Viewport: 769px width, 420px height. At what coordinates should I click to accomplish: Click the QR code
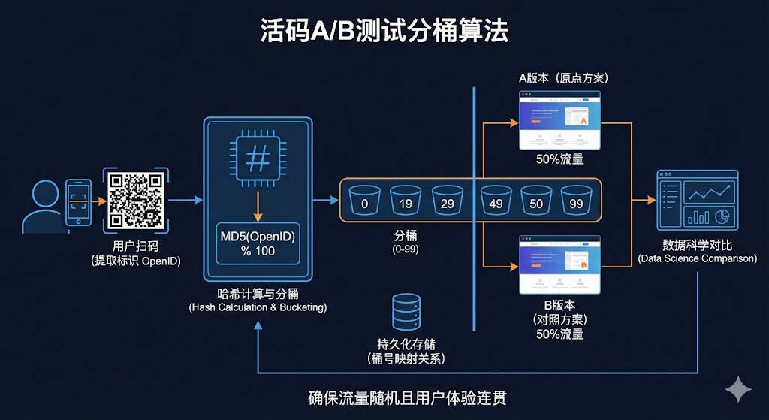pos(136,201)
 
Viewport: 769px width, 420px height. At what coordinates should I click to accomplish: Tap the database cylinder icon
pos(406,311)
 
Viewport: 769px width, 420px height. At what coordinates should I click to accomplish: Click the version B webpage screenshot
pos(559,265)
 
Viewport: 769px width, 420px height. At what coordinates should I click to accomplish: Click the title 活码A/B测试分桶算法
pos(384,31)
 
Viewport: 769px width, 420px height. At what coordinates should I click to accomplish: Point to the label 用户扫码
pos(135,246)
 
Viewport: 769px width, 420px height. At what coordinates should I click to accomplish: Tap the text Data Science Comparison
pos(698,258)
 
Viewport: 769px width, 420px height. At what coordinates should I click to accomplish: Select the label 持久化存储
pos(406,344)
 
